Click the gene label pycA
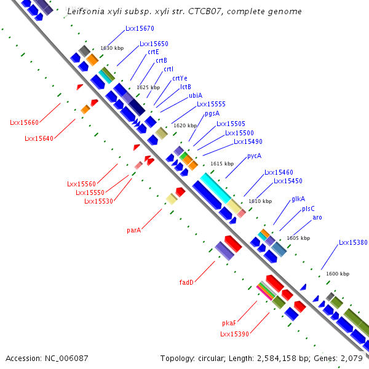coord(254,156)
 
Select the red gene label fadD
coord(186,283)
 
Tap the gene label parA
coord(133,231)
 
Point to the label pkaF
coord(229,323)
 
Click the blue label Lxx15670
coord(140,29)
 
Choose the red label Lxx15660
coord(24,123)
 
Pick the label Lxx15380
coord(353,243)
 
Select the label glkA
coord(298,199)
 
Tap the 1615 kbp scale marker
coord(222,164)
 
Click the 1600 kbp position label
coord(337,274)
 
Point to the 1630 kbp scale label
coord(112,48)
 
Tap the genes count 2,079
coord(351,358)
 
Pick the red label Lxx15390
coord(234,334)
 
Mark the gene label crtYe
coord(180,78)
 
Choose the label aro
coord(317,218)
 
